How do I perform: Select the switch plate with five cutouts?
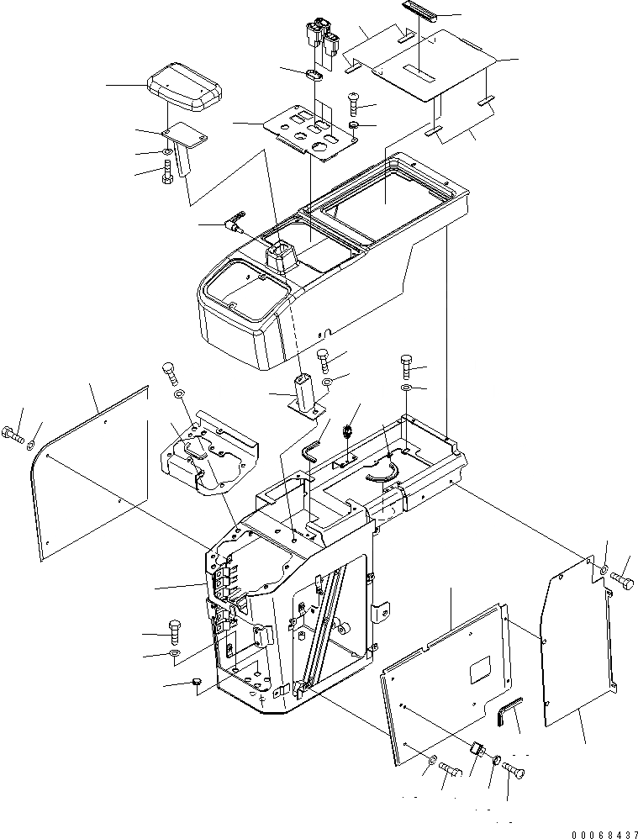click(x=305, y=133)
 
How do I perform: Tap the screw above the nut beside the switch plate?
click(x=354, y=104)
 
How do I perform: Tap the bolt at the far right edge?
click(x=624, y=580)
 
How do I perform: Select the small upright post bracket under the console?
click(x=304, y=394)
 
